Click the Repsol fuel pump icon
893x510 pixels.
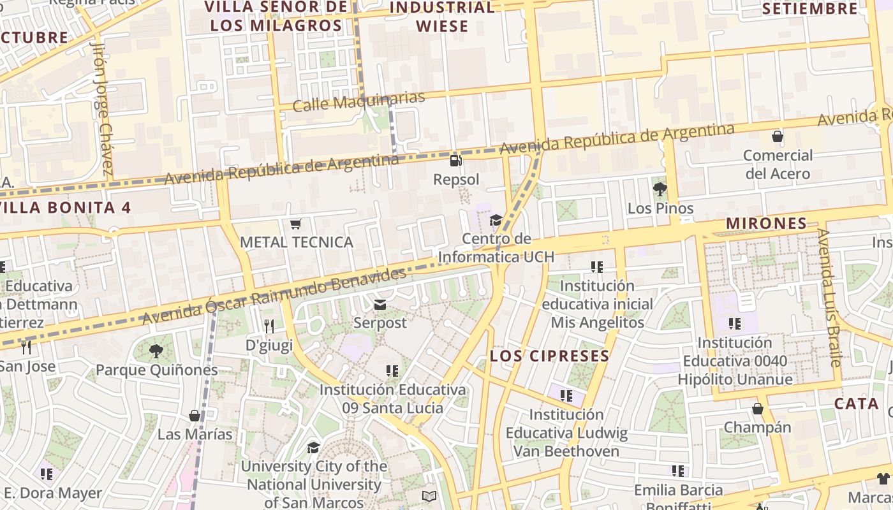pyautogui.click(x=455, y=161)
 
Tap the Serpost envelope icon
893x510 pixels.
pyautogui.click(x=380, y=304)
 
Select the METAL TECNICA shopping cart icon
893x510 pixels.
pyautogui.click(x=295, y=224)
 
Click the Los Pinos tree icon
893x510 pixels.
pyautogui.click(x=660, y=189)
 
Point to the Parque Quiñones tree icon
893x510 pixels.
pyautogui.click(x=156, y=351)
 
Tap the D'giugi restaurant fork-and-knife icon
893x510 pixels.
pyautogui.click(x=269, y=326)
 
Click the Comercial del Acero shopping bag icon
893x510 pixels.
pyautogui.click(x=778, y=136)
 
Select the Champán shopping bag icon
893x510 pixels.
pyautogui.click(x=758, y=408)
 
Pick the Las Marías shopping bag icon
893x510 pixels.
pyautogui.click(x=195, y=416)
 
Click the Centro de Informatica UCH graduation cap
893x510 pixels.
pyautogui.click(x=496, y=221)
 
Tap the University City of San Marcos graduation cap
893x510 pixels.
pyautogui.click(x=313, y=448)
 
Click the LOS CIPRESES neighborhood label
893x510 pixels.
pyautogui.click(x=549, y=356)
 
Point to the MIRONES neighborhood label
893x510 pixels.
pyautogui.click(x=766, y=223)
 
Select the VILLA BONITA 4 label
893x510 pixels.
pyautogui.click(x=65, y=207)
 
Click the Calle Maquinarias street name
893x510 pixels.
pyautogui.click(x=358, y=101)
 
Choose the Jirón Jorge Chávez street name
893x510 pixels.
pyautogui.click(x=102, y=108)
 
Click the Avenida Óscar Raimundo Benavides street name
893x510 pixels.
pyautogui.click(x=274, y=296)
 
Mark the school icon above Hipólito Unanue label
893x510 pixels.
pyautogui.click(x=735, y=324)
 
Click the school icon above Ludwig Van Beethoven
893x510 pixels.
pyautogui.click(x=566, y=395)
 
